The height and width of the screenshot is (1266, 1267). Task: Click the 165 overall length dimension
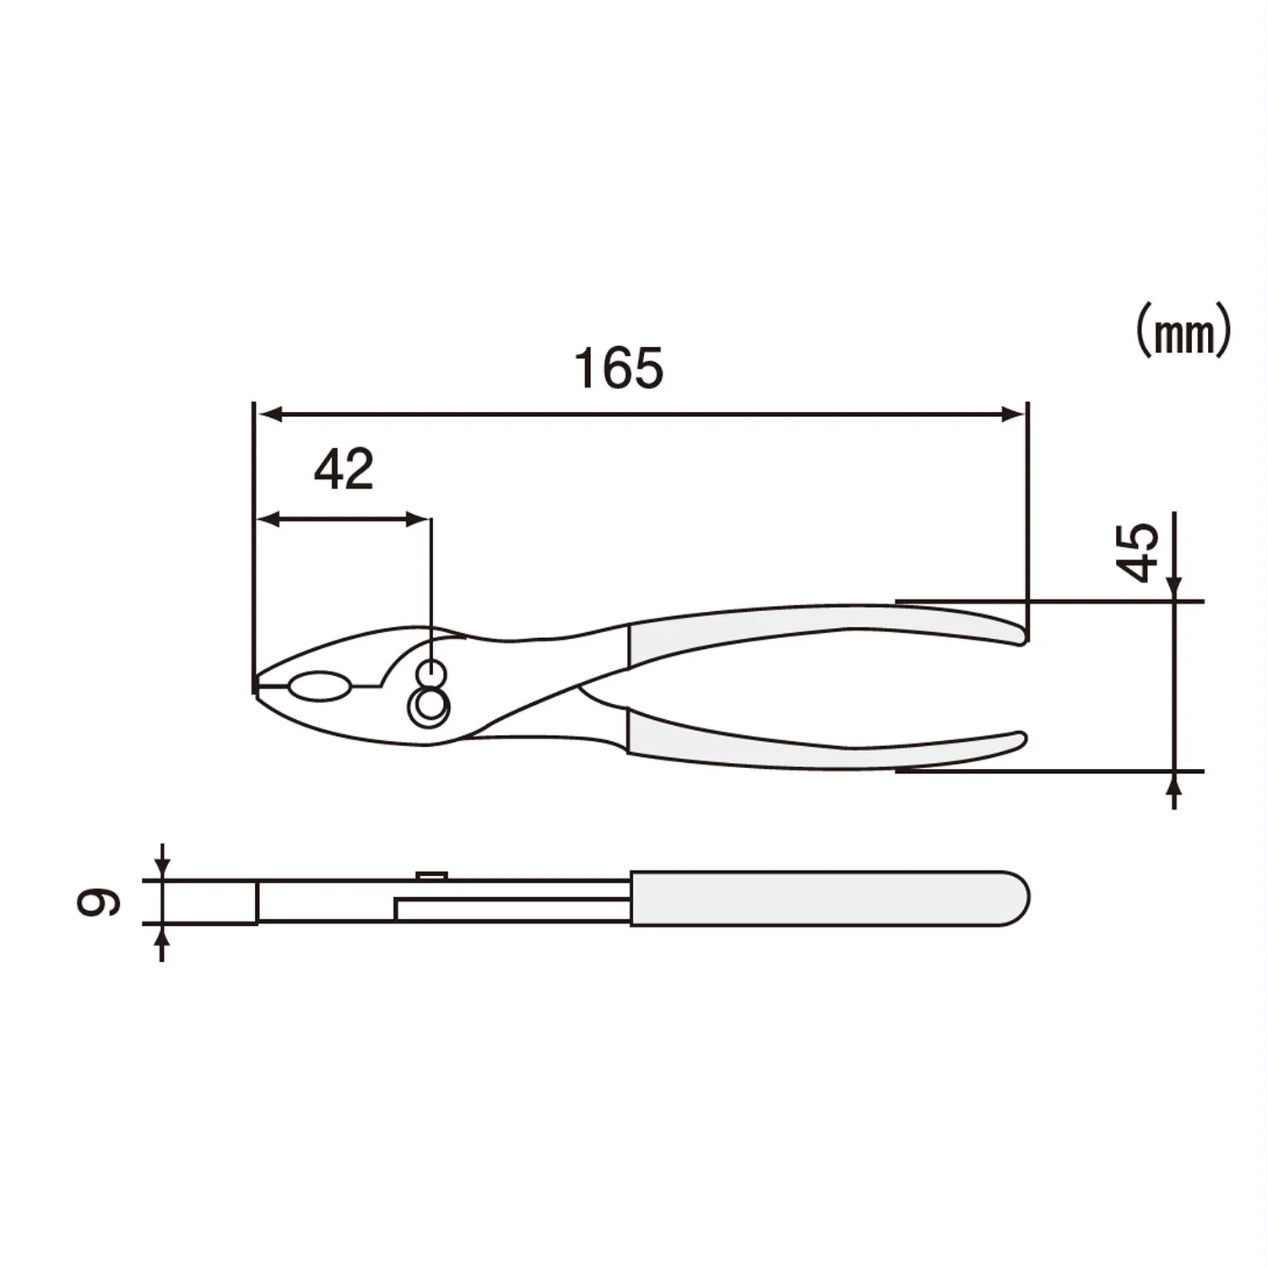click(x=619, y=368)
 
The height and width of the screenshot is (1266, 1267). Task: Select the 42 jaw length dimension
click(x=344, y=470)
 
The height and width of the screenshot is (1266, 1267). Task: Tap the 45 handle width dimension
click(x=1137, y=553)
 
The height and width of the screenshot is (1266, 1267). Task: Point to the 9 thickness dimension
click(x=98, y=902)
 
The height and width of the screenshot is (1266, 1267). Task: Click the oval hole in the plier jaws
click(x=319, y=687)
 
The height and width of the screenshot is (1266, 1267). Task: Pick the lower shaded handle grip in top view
click(x=810, y=743)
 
